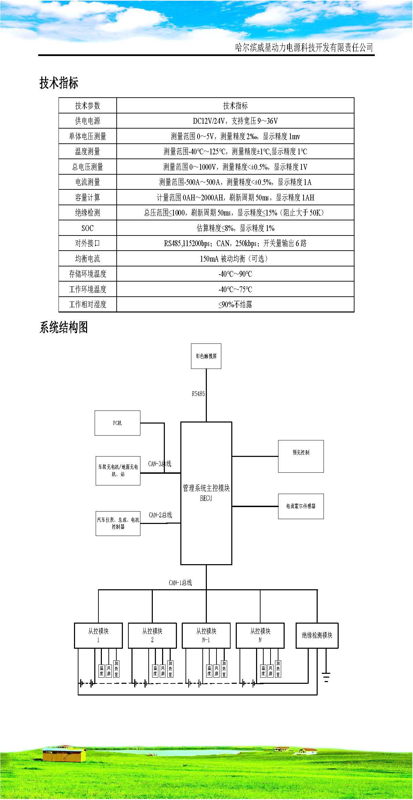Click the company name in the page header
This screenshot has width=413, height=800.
304,47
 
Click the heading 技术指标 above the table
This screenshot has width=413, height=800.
59,83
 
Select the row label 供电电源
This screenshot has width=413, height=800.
87,121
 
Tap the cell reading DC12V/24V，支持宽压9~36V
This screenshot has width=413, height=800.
235,121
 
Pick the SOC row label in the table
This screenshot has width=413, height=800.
87,228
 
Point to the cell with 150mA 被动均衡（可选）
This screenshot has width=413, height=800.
235,259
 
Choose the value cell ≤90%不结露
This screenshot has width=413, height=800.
235,305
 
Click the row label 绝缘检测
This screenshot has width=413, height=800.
87,213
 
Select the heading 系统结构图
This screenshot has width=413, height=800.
64,327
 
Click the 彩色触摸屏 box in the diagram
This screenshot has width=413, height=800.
206,356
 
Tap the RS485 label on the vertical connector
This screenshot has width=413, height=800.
198,394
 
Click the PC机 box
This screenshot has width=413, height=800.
117,423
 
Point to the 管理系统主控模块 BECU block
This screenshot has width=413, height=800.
206,493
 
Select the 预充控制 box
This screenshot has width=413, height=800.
301,456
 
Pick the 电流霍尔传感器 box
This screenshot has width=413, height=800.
301,506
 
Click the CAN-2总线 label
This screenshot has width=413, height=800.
160,515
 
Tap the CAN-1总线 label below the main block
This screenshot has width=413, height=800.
180,582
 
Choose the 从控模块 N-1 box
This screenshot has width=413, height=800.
206,635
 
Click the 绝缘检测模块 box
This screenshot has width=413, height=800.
317,635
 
